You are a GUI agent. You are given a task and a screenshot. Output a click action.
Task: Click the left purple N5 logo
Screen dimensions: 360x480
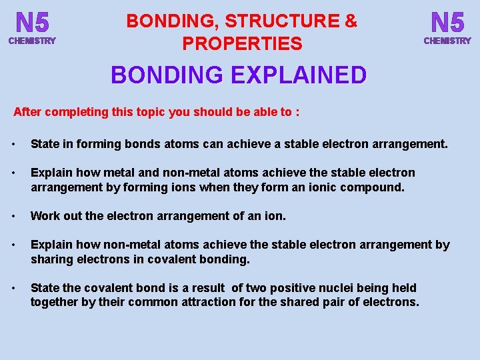[33, 23]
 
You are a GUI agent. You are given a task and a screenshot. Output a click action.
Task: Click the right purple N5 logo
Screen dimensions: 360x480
[447, 23]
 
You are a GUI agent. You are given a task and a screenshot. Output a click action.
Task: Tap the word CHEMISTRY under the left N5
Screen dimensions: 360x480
[33, 41]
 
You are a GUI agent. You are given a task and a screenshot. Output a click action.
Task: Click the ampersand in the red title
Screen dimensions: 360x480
[351, 21]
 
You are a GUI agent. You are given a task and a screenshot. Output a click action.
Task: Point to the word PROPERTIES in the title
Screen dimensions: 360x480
[242, 44]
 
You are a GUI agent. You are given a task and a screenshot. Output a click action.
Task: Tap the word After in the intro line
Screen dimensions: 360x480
[27, 112]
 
